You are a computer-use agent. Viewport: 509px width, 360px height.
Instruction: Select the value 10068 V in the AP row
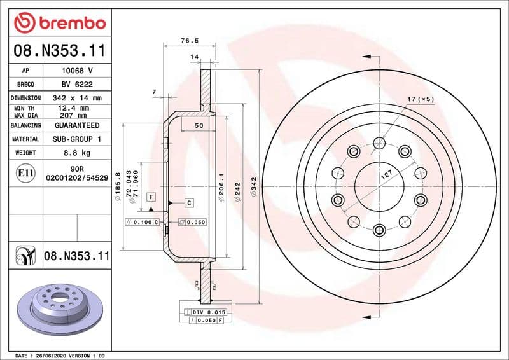76,71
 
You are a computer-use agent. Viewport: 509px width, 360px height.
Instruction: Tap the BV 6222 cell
76,85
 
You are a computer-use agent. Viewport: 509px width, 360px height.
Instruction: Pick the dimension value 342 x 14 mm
76,99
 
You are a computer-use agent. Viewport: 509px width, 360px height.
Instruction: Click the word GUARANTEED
76,126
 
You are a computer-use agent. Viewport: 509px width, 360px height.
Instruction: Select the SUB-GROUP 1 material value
76,139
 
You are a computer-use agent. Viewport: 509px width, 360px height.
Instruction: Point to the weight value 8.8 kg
76,153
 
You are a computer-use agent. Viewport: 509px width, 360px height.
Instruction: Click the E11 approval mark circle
26,172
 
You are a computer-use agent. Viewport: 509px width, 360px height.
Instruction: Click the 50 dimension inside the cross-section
199,126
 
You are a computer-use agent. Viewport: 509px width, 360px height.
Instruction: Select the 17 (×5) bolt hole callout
421,99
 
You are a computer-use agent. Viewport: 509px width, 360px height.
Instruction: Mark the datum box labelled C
190,202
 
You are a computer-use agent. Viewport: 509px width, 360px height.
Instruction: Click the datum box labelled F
151,197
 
